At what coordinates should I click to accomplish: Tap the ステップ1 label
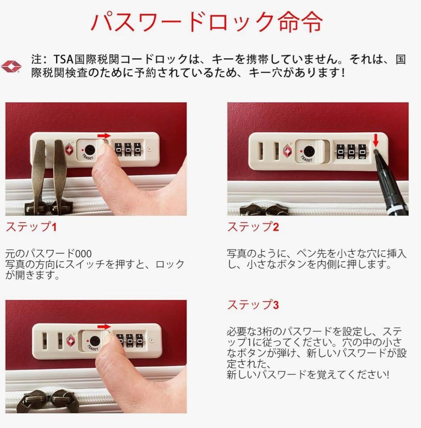[31, 227]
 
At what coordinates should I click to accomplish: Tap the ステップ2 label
[253, 227]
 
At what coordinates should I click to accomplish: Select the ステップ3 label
[253, 305]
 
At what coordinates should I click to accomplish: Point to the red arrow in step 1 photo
[104, 136]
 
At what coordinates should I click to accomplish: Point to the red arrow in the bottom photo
[104, 327]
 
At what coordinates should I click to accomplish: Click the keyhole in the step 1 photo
[90, 150]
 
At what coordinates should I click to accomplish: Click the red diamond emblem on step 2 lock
[287, 151]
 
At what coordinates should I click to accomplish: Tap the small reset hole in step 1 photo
[149, 150]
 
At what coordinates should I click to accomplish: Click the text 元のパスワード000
[48, 253]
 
